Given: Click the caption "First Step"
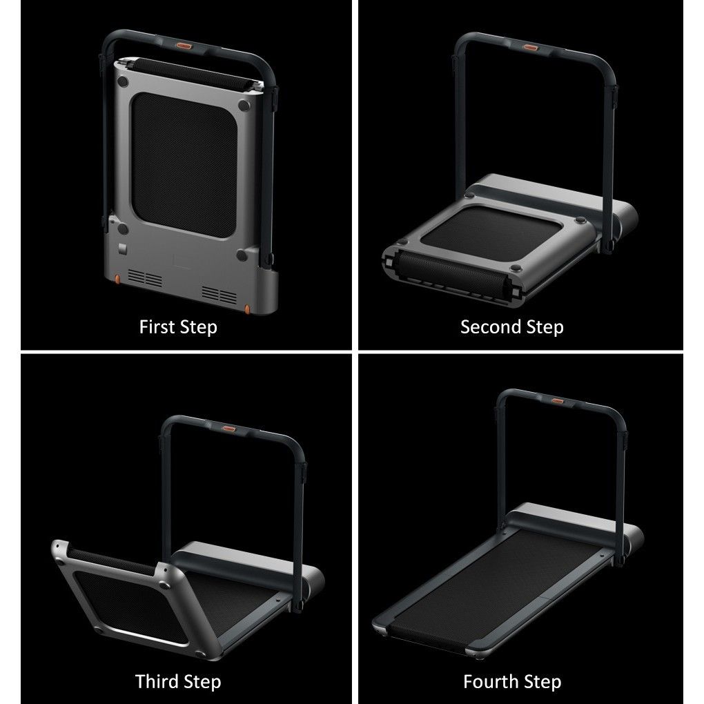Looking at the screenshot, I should tap(178, 326).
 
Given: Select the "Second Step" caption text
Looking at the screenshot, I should tap(511, 326).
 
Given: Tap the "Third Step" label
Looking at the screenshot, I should tap(178, 682).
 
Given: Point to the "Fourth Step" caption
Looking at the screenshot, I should tap(511, 682).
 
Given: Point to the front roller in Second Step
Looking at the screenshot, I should tap(449, 281).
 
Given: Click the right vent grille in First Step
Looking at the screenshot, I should tap(219, 295).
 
